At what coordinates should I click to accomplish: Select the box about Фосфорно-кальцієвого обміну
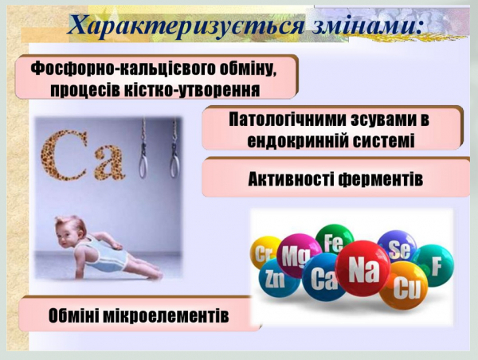[x=155, y=77]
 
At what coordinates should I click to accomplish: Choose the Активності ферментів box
[x=334, y=177]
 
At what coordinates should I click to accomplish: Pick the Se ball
[x=396, y=248]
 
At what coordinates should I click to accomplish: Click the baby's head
[x=70, y=234]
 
